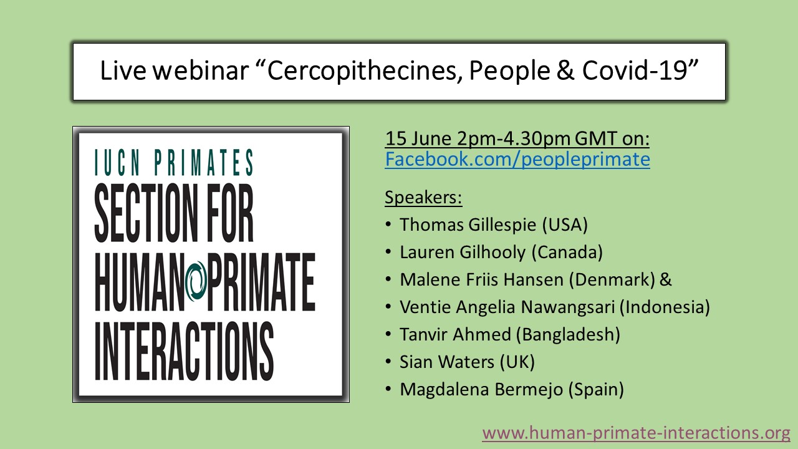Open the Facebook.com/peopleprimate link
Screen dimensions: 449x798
[x=517, y=160]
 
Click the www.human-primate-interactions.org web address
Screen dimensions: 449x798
[x=636, y=432]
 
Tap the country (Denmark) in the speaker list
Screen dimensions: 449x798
[x=611, y=279]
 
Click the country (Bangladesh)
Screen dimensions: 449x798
[x=568, y=334]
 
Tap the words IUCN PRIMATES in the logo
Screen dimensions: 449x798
[x=174, y=163]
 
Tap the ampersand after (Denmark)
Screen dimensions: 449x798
[x=665, y=279]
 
